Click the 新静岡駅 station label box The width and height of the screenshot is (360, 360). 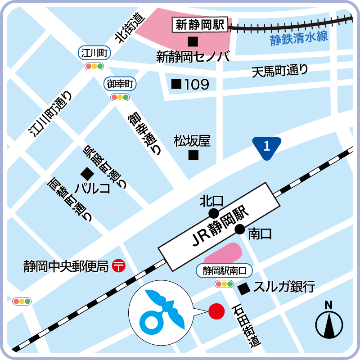pyautogui.click(x=200, y=25)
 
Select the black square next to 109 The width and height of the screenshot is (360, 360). pyautogui.click(x=176, y=84)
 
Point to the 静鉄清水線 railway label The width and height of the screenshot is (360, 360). pyautogui.click(x=299, y=39)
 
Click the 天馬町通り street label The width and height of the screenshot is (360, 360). pyautogui.click(x=280, y=71)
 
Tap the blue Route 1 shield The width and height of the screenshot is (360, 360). pyautogui.click(x=266, y=147)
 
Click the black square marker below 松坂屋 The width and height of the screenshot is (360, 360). pyautogui.click(x=193, y=156)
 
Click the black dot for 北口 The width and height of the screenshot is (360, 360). pyautogui.click(x=213, y=213)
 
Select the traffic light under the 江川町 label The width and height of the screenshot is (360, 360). pyautogui.click(x=94, y=66)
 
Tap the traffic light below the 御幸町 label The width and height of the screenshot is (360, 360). pyautogui.click(x=120, y=97)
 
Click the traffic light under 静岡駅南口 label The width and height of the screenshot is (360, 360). pyautogui.click(x=224, y=284)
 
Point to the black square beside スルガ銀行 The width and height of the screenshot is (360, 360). pyautogui.click(x=244, y=288)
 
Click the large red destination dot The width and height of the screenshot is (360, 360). pyautogui.click(x=217, y=311)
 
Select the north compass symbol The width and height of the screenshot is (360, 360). pyautogui.click(x=329, y=321)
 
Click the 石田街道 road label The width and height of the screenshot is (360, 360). pyautogui.click(x=247, y=326)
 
